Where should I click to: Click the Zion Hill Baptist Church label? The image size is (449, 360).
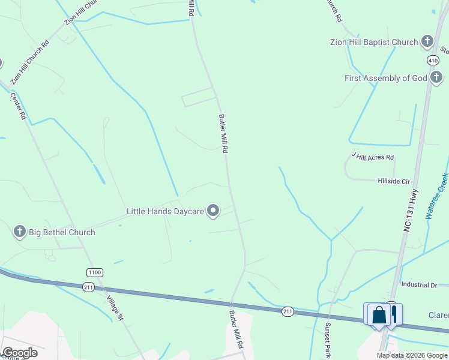[373, 42]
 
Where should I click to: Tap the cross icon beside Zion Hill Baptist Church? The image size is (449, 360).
[427, 41]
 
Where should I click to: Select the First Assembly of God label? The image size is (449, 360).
[385, 78]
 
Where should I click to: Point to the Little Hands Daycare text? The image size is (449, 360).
[165, 211]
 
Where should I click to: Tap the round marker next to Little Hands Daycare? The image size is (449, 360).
[213, 210]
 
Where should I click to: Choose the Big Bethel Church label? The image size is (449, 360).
[61, 232]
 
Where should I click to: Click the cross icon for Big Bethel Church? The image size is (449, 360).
[19, 231]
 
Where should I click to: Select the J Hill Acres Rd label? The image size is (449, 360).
[373, 157]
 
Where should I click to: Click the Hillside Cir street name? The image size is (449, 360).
[393, 181]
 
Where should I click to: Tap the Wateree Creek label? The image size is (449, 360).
[437, 196]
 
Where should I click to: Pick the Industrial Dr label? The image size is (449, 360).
[420, 285]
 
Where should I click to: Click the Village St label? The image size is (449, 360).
[113, 308]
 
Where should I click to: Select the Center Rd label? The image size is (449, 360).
[18, 106]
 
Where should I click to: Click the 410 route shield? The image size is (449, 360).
[433, 61]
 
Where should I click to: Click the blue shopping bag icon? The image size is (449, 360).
[379, 315]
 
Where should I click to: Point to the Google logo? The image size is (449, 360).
[20, 353]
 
